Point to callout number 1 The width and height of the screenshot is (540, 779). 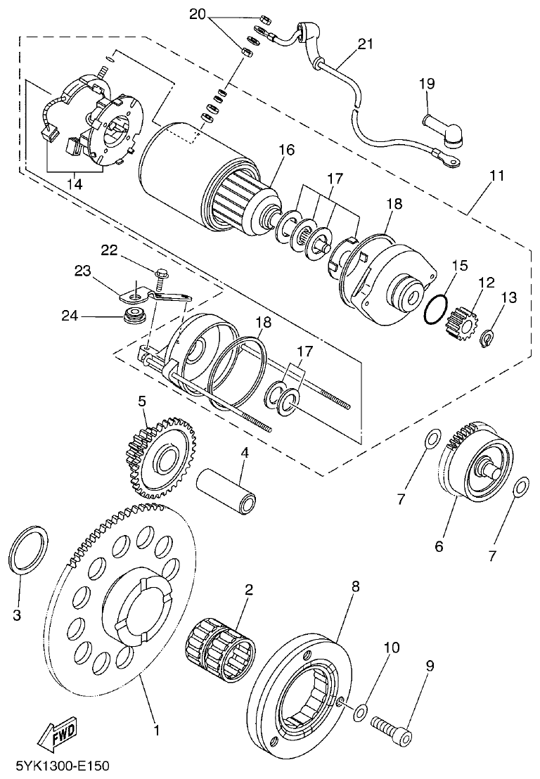156,730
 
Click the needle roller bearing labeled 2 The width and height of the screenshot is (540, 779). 221,648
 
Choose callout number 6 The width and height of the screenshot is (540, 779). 439,546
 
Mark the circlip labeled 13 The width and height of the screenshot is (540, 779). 486,340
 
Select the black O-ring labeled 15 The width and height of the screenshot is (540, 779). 436,310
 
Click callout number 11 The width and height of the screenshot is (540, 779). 497,176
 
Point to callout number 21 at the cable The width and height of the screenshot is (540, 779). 365,45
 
